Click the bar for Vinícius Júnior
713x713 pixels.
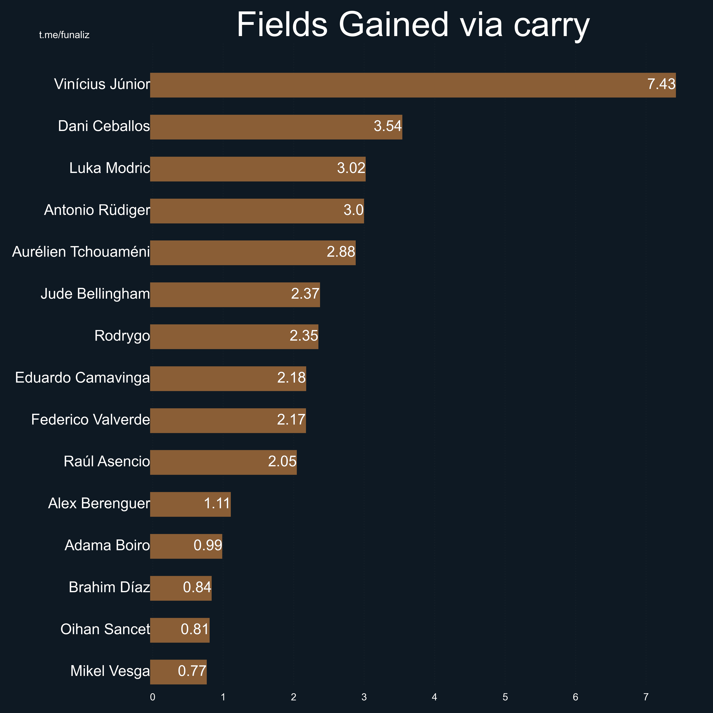pos(413,85)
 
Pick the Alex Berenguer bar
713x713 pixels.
pos(190,504)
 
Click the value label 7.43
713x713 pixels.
pos(661,84)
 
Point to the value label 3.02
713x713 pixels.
pos(351,168)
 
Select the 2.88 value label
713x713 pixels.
pos(341,252)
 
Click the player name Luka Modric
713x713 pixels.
pos(110,168)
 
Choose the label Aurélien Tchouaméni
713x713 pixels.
pos(81,252)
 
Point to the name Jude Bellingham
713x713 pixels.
pos(95,294)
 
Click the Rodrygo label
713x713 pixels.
pos(122,336)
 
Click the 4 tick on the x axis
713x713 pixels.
pos(434,697)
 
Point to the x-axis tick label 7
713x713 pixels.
pos(646,697)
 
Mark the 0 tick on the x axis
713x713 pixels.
pos(152,697)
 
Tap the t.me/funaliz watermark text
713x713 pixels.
pos(64,35)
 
